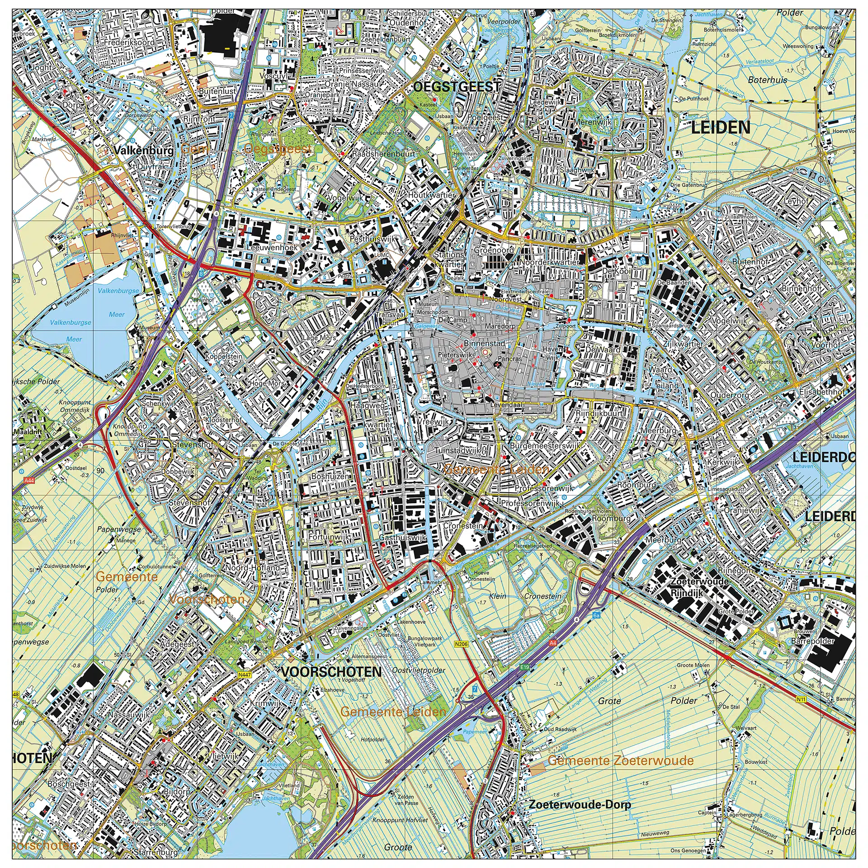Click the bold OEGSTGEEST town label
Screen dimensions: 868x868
[x=457, y=86]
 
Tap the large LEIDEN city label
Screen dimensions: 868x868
[x=721, y=127]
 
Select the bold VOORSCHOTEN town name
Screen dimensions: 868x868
[x=331, y=672]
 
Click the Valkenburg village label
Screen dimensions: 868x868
[x=143, y=150]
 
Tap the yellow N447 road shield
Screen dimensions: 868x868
[x=244, y=674]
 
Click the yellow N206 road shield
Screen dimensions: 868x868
[x=461, y=644]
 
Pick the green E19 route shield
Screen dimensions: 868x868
[x=524, y=667]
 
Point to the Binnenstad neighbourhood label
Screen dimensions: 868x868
[x=484, y=344]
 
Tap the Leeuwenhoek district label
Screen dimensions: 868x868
[x=272, y=248]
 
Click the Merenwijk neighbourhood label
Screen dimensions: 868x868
[x=593, y=122]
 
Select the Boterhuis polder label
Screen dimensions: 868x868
[x=767, y=80]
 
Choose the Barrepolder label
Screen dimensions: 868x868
[x=812, y=641]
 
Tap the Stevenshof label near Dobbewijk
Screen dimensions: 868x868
[x=192, y=445]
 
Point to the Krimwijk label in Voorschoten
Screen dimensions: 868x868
[x=266, y=703]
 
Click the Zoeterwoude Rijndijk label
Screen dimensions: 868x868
[x=699, y=587]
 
